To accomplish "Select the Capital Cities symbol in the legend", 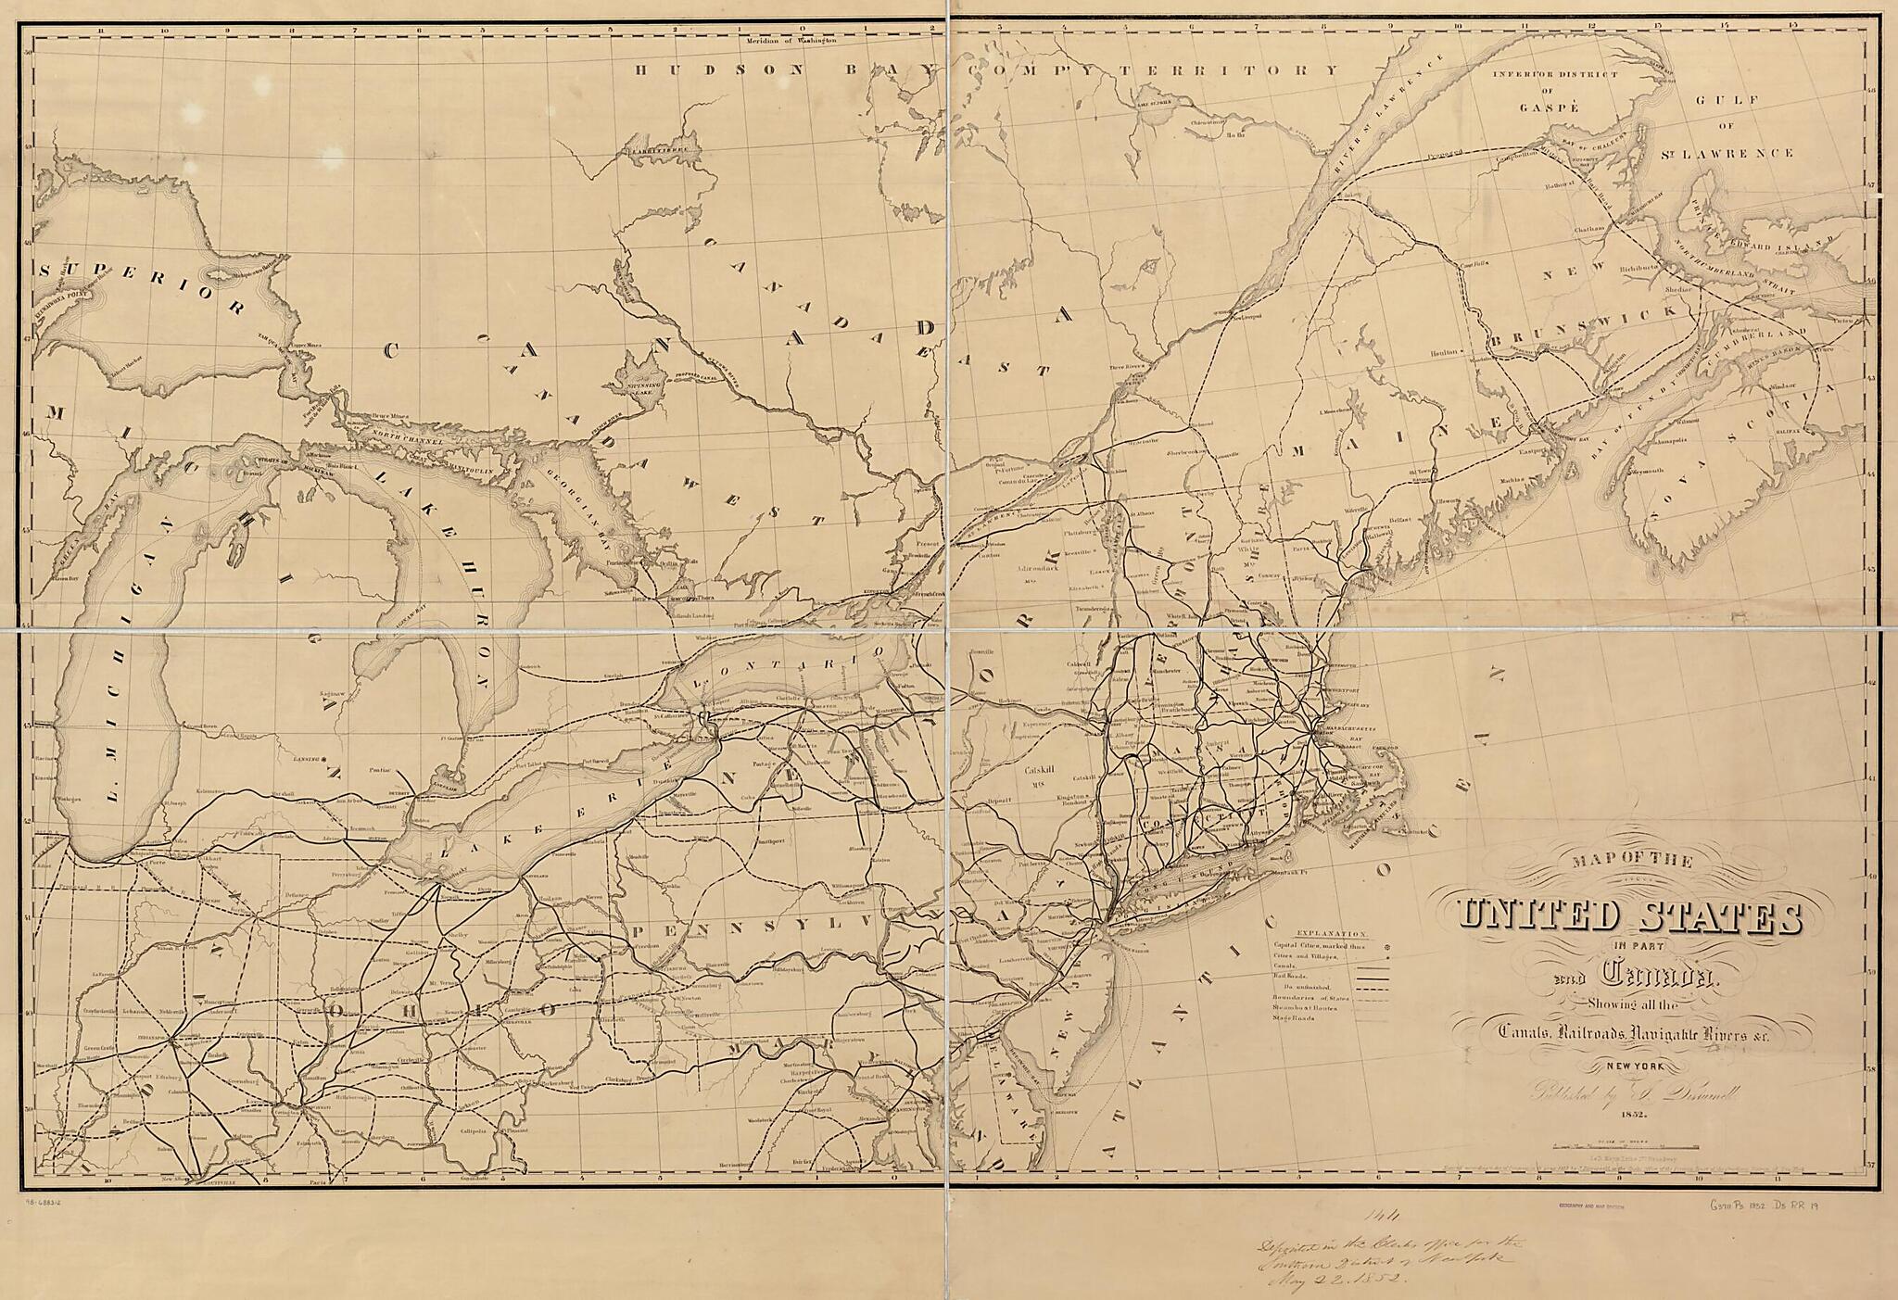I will tap(1386, 948).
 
